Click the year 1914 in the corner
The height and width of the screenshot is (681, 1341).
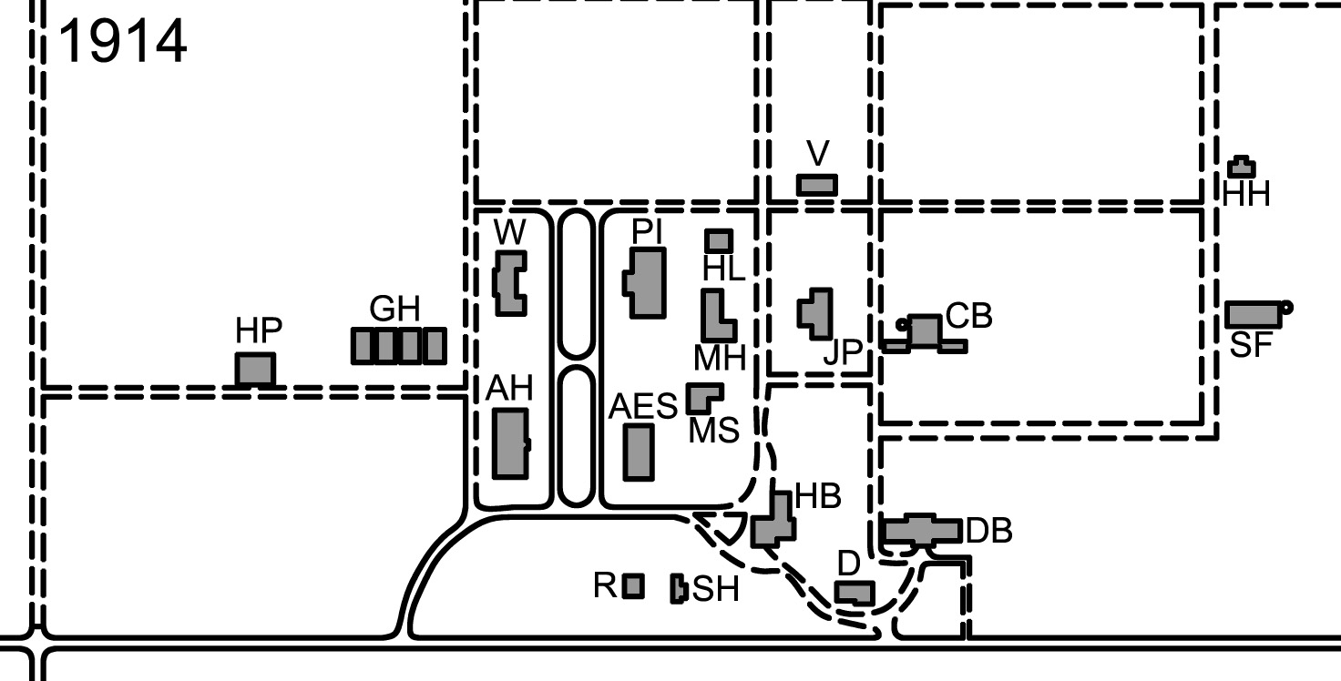tap(123, 42)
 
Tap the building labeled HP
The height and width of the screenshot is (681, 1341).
tap(255, 369)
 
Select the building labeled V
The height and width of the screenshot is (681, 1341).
tap(817, 184)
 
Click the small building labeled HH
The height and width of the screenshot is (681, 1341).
tap(1242, 168)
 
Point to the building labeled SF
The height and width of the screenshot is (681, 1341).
tap(1254, 314)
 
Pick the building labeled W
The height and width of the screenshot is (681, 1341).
tap(511, 283)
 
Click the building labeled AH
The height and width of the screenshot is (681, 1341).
tap(510, 443)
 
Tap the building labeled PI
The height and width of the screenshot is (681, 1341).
tap(646, 283)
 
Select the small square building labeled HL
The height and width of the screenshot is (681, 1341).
tap(719, 240)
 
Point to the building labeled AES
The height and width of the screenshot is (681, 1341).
tap(638, 452)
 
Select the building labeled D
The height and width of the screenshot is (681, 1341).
tap(855, 594)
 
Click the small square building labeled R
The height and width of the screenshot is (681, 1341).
tap(633, 585)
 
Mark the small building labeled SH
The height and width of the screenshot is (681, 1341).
tap(678, 588)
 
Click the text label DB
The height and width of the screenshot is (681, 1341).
tap(988, 531)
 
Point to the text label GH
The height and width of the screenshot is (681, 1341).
tap(394, 309)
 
